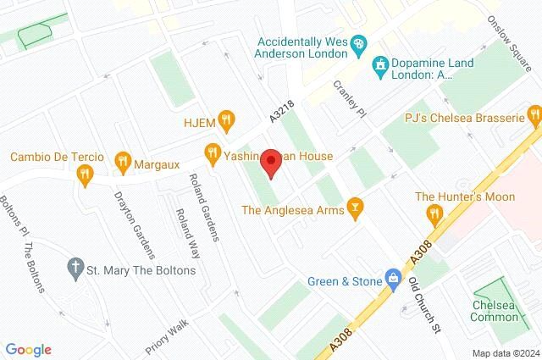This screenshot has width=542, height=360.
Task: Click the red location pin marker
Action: point(271,162)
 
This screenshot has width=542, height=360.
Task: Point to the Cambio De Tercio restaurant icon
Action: point(83,175)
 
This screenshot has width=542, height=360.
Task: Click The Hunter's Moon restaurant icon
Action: point(434,213)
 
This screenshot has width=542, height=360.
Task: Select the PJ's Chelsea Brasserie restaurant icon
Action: point(534,114)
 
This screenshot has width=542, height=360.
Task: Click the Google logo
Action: point(28,350)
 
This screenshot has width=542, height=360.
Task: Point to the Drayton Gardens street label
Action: point(135,224)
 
